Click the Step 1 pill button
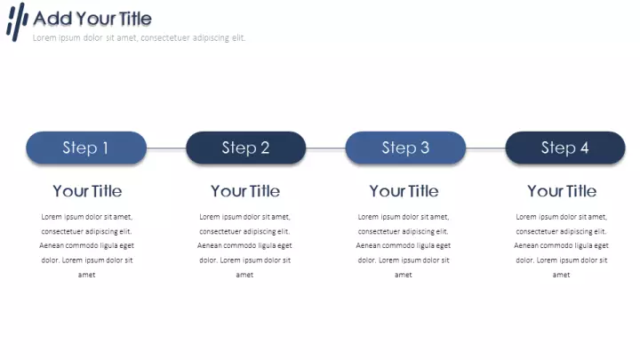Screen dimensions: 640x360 point(86,148)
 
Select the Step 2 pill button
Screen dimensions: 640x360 point(245,148)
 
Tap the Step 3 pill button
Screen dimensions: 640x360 point(405,148)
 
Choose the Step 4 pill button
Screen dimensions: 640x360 point(565,148)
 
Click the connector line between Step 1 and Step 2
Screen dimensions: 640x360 point(166,148)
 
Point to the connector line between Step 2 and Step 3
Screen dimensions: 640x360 point(325,148)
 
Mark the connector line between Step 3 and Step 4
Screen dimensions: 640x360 point(485,148)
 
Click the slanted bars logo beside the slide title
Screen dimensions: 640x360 point(17,22)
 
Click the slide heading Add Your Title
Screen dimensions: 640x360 point(92,19)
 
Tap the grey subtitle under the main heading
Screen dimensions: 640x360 point(139,38)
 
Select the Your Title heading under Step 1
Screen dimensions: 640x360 point(87,191)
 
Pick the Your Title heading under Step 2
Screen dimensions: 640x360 point(245,191)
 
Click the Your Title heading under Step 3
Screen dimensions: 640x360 point(404,191)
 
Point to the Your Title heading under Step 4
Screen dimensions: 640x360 point(562,191)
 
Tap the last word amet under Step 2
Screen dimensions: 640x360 point(244,275)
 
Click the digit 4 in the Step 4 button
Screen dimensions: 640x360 point(585,148)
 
